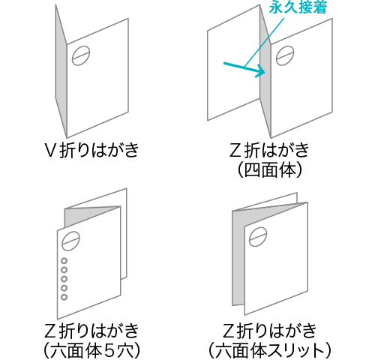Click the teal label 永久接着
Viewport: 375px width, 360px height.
coord(298,7)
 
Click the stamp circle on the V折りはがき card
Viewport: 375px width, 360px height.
coord(81,55)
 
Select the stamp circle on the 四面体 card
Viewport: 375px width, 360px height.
coord(285,55)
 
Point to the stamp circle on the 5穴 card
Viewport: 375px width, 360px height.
coord(71,241)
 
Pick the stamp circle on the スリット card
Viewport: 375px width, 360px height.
coord(258,236)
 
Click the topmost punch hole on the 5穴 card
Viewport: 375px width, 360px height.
coord(64,261)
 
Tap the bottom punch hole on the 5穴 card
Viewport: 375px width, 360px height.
coord(64,297)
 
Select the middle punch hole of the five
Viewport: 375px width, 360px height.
coord(64,279)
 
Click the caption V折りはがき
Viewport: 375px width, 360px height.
coord(91,150)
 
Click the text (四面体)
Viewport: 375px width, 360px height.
coord(270,170)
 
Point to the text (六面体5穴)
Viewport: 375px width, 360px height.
coord(91,351)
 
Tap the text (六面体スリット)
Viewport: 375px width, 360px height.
coord(270,351)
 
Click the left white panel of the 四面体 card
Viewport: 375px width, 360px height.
coord(234,62)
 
